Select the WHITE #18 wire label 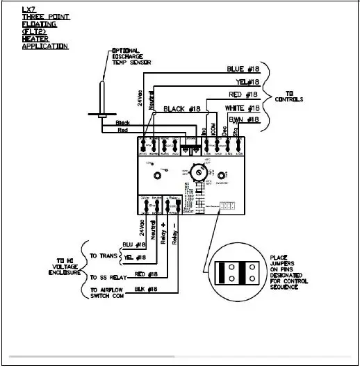[x=243, y=108]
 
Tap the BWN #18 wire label [x=245, y=120]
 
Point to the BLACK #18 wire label [x=181, y=110]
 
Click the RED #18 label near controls [x=244, y=95]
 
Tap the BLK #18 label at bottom [x=147, y=288]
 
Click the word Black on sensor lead [x=122, y=123]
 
